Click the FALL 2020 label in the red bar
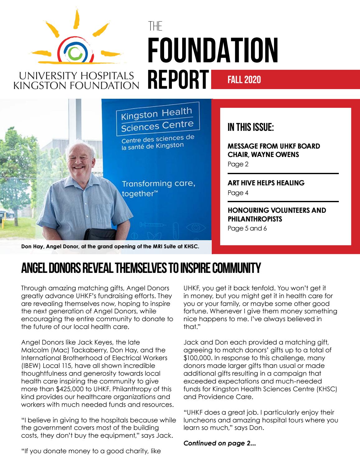point(244,80)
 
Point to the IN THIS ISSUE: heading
point(251,127)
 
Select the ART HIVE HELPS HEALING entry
point(266,183)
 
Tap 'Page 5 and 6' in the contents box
point(247,228)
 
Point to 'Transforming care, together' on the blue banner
point(158,188)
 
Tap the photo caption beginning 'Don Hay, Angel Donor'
point(110,246)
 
